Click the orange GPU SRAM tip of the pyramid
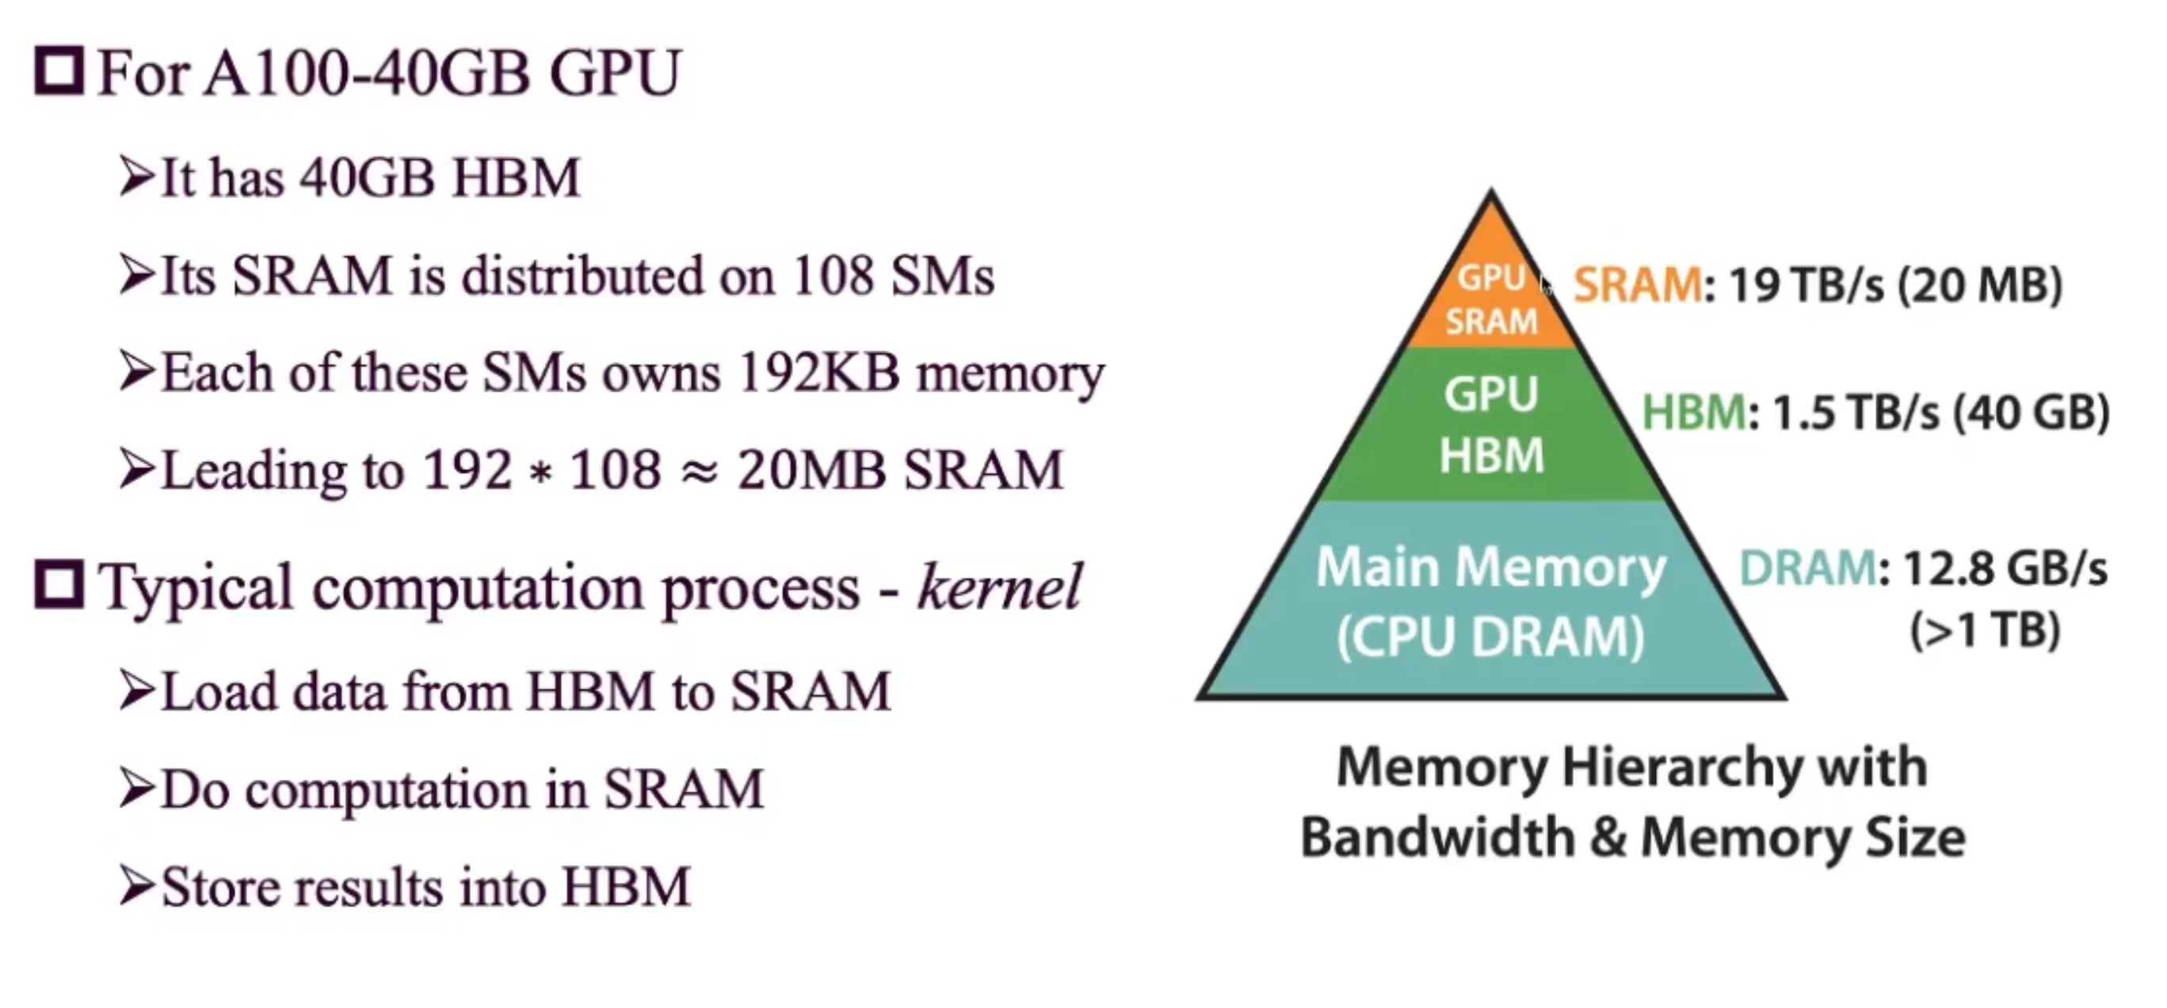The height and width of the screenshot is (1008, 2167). (1491, 299)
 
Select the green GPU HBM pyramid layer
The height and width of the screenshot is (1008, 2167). (1491, 425)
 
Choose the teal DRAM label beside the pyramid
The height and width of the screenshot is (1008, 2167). (1807, 568)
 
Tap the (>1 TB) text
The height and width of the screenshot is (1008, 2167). (1986, 630)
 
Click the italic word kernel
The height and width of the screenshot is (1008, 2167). (1000, 586)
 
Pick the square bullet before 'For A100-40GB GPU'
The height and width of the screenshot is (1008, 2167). (59, 71)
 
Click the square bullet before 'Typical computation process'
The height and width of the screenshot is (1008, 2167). (59, 584)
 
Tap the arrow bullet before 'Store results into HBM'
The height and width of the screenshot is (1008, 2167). (137, 885)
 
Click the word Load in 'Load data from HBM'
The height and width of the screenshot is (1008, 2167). (219, 692)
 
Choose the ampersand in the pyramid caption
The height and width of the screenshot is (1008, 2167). (1607, 838)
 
